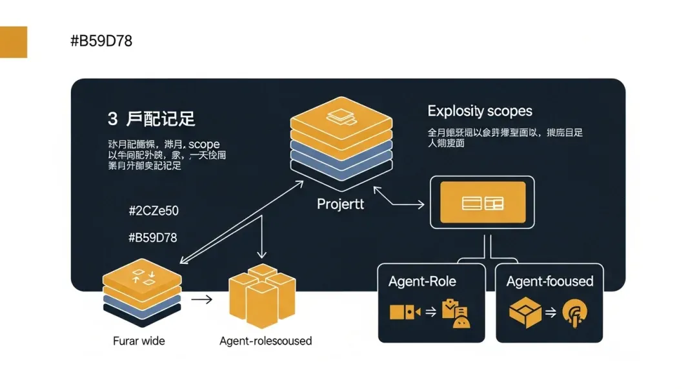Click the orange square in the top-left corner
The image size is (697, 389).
14,42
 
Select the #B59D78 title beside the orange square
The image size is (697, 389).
101,41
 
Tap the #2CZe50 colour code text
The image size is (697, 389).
154,211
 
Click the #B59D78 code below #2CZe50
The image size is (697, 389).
153,237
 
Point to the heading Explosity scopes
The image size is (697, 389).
480,111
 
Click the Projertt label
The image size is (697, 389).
341,204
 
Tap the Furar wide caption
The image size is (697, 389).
139,341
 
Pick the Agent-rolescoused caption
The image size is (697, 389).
266,341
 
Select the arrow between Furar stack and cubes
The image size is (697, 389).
201,299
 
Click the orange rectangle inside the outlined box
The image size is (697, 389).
482,203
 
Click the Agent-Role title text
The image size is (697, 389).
422,281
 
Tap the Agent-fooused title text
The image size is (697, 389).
550,281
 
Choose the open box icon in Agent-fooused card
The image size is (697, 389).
524,313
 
